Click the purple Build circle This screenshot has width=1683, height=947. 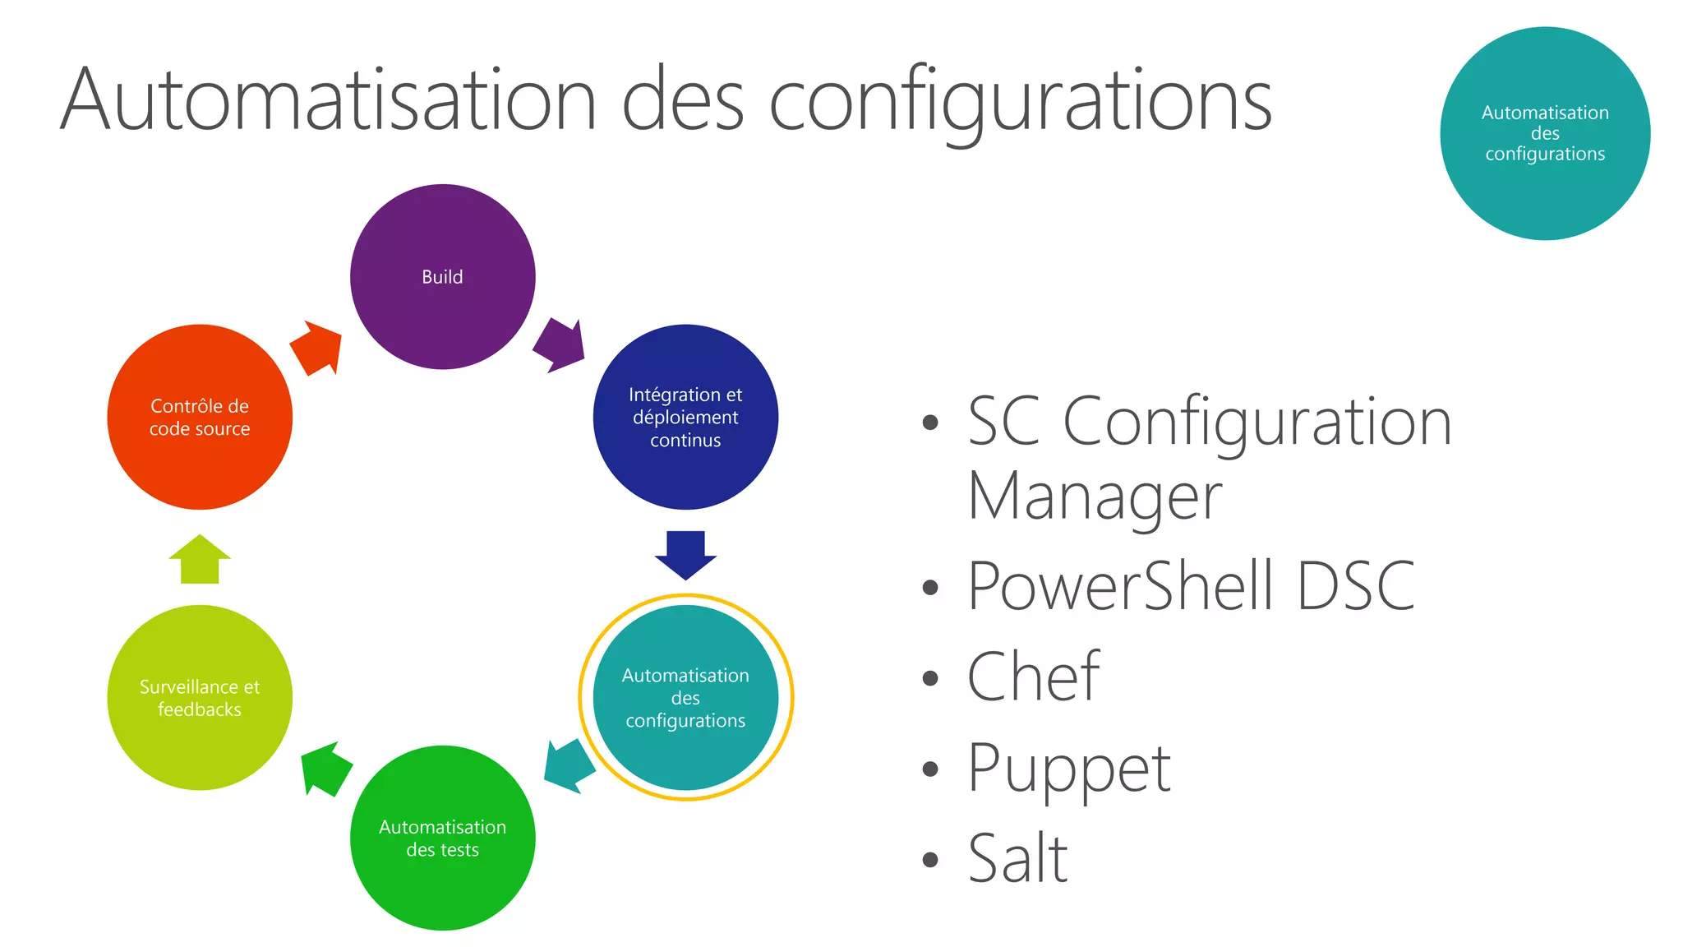[442, 277]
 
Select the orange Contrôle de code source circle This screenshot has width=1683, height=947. [200, 417]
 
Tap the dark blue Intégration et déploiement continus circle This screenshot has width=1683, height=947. [685, 417]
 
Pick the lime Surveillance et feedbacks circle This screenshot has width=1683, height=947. [200, 698]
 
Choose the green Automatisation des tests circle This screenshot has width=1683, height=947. [442, 838]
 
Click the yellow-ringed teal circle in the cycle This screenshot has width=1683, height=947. [685, 698]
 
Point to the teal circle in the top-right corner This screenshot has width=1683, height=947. [1545, 133]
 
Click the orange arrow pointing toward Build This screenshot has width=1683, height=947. [316, 347]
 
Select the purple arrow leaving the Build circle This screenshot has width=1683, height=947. [560, 346]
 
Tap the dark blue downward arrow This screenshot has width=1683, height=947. [685, 554]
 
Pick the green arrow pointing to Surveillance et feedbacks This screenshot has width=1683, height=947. [325, 769]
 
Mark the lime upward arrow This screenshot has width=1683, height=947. [200, 560]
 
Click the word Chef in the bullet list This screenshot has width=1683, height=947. [1033, 677]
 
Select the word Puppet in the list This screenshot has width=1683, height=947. [1069, 769]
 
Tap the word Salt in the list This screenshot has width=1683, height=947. [1017, 859]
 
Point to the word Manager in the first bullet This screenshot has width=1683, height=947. [1095, 497]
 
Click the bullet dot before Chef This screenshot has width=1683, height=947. [930, 678]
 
